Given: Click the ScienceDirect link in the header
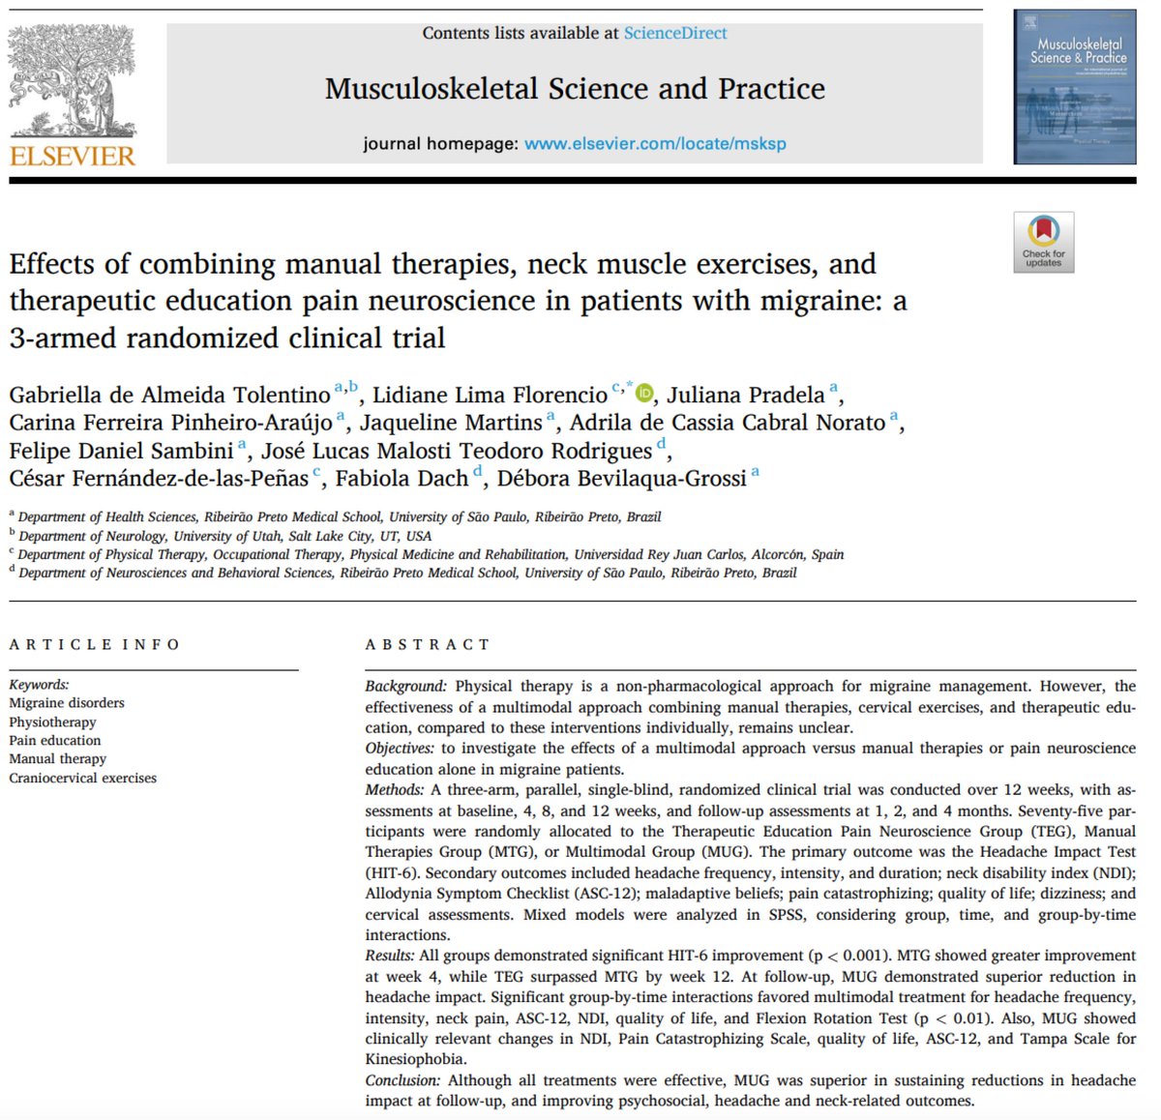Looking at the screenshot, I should click(x=674, y=33).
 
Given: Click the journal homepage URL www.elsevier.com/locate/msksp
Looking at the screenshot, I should click(x=655, y=143).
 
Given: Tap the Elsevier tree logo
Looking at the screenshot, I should click(x=73, y=81).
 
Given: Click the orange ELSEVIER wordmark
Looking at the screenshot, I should click(x=73, y=156).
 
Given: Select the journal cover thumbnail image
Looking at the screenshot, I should click(x=1074, y=87).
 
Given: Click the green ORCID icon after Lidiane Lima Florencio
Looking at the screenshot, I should click(x=644, y=393).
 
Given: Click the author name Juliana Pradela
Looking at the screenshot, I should click(x=745, y=395).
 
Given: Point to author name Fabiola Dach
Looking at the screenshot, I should click(x=402, y=478).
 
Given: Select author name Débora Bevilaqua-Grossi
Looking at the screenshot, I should click(x=621, y=478).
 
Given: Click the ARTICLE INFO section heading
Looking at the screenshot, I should click(x=95, y=644).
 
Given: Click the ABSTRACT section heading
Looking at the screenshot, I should click(x=427, y=644).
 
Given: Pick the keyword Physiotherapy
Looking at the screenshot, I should click(x=52, y=722).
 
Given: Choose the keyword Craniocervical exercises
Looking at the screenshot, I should click(x=82, y=778).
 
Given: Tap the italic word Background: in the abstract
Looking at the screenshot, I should click(x=405, y=686).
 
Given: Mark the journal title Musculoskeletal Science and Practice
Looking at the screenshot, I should click(x=575, y=89).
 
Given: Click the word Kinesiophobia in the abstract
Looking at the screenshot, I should click(x=415, y=1059).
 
